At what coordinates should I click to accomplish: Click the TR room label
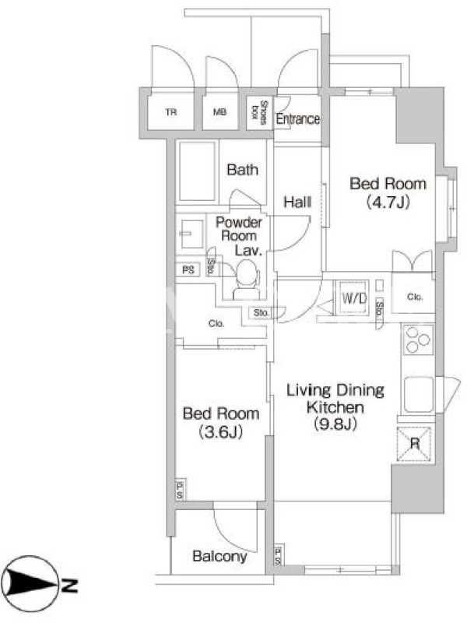click(170, 112)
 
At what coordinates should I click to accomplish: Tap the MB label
click(219, 112)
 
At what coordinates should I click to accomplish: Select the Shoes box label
click(259, 113)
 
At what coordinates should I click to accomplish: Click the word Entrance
click(298, 119)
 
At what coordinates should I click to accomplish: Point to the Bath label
click(242, 170)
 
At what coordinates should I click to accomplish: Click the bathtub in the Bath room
click(197, 171)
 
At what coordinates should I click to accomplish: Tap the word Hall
click(297, 202)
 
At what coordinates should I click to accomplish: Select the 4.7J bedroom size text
click(388, 202)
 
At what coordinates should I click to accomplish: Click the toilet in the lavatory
click(247, 280)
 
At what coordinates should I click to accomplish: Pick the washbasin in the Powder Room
click(191, 234)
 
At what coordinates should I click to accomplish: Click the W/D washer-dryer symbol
click(353, 297)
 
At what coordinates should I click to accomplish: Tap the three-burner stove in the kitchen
click(418, 340)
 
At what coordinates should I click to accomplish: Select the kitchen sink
click(419, 395)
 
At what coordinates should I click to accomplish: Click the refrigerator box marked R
click(414, 444)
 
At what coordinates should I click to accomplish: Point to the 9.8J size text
click(335, 424)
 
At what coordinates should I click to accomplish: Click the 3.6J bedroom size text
click(221, 431)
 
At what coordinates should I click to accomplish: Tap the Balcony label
click(219, 556)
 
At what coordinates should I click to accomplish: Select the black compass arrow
click(33, 584)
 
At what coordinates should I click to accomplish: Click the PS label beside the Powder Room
click(188, 270)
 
